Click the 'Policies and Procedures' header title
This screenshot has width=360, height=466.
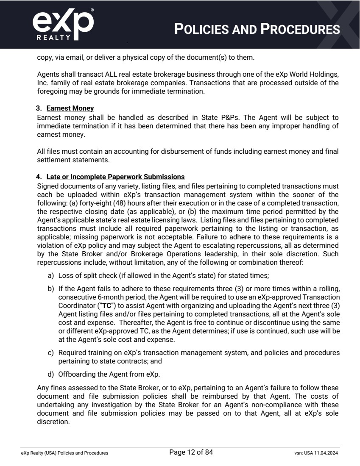257,29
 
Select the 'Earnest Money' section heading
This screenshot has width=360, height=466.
70,108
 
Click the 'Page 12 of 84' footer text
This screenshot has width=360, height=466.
191,452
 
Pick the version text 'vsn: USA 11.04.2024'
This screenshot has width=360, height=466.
313,453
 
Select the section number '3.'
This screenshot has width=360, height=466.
39,108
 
